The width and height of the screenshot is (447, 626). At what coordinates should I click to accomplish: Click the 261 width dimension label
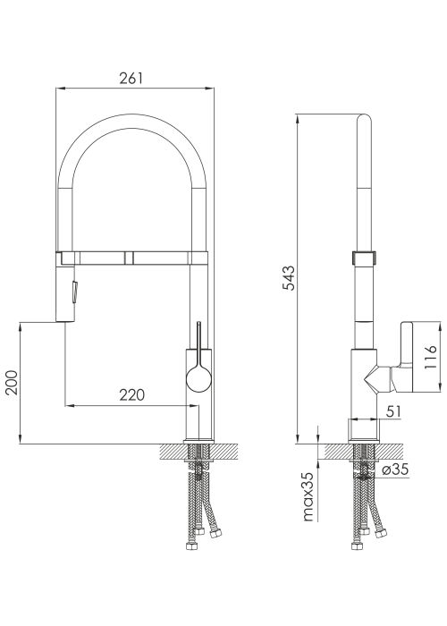pyautogui.click(x=131, y=78)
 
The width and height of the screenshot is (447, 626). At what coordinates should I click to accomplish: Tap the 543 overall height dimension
pyautogui.click(x=288, y=277)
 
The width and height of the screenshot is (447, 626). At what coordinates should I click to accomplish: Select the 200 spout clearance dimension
pyautogui.click(x=12, y=383)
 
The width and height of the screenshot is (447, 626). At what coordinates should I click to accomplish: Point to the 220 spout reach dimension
pyautogui.click(x=132, y=395)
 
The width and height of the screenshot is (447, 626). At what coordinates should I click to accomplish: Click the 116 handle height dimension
pyautogui.click(x=431, y=358)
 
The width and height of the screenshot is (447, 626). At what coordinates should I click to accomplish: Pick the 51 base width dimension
pyautogui.click(x=394, y=411)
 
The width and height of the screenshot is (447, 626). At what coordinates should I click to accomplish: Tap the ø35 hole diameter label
pyautogui.click(x=395, y=469)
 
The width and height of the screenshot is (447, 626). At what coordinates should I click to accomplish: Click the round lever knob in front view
pyautogui.click(x=198, y=378)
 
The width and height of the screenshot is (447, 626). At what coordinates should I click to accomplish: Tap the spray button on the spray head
pyautogui.click(x=74, y=292)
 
